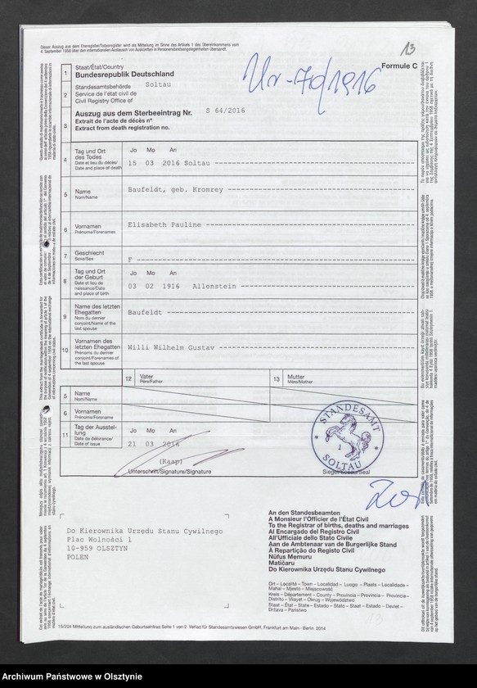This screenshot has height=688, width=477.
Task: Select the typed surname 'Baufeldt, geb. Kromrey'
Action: coord(174,189)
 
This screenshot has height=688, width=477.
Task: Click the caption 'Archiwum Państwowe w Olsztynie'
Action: coord(73,673)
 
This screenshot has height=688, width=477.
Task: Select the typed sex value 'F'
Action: coord(129,256)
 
